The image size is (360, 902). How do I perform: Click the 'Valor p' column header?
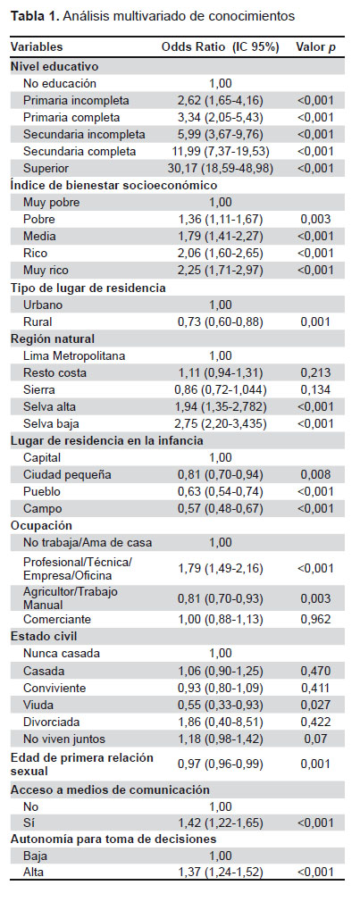(x=315, y=47)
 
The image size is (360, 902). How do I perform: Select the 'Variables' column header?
(x=37, y=47)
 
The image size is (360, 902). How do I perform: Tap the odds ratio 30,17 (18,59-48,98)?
(x=221, y=169)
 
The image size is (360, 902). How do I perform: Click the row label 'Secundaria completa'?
(x=80, y=151)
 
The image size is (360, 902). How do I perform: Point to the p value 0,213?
(x=315, y=372)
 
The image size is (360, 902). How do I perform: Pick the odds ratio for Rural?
(x=221, y=322)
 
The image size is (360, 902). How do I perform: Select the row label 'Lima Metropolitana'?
(x=74, y=356)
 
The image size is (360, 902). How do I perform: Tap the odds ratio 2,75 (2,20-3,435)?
(x=221, y=424)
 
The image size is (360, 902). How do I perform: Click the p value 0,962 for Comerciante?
(x=315, y=620)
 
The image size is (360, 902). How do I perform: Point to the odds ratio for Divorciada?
(x=221, y=722)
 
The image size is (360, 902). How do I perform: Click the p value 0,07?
(x=315, y=739)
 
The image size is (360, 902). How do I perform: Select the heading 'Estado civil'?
(x=45, y=637)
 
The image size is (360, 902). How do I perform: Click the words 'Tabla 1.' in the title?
(x=35, y=15)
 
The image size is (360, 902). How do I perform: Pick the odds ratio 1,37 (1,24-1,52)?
(x=221, y=873)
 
